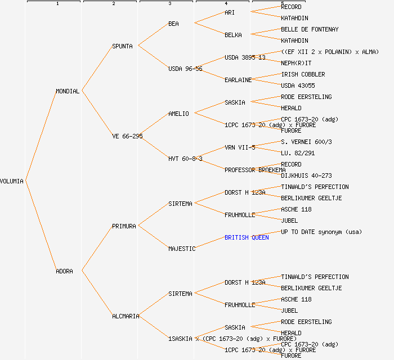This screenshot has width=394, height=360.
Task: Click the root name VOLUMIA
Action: pyautogui.click(x=12, y=181)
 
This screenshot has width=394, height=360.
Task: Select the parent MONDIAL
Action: pyautogui.click(x=68, y=91)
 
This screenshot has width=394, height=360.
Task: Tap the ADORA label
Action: pyautogui.click(x=64, y=271)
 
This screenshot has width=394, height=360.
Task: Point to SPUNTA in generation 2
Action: pyautogui.click(x=122, y=46)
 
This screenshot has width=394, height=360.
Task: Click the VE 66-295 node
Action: pyautogui.click(x=127, y=136)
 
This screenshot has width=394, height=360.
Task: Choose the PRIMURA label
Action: pyautogui.click(x=124, y=226)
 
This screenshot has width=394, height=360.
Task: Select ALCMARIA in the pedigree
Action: pyautogui.click(x=126, y=316)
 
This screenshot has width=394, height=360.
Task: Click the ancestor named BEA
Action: pyautogui.click(x=173, y=24)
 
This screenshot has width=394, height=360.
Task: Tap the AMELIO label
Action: pyautogui.click(x=178, y=114)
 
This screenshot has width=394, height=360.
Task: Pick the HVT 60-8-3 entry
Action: pyautogui.click(x=185, y=159)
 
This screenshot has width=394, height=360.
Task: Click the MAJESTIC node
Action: pyautogui.click(x=182, y=249)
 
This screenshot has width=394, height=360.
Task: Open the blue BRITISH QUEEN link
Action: pyautogui.click(x=247, y=237)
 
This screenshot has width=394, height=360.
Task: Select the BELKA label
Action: pyautogui.click(x=233, y=35)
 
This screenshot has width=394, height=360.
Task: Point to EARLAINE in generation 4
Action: pyautogui.click(x=238, y=80)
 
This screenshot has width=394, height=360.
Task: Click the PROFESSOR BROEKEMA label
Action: pyautogui.click(x=255, y=170)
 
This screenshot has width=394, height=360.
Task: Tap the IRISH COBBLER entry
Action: pyautogui.click(x=303, y=74)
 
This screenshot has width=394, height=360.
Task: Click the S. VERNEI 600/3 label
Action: pyautogui.click(x=306, y=142)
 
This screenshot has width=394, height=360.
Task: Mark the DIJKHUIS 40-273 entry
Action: pyautogui.click(x=306, y=175)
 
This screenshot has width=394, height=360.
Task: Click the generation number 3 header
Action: pyautogui.click(x=169, y=4)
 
